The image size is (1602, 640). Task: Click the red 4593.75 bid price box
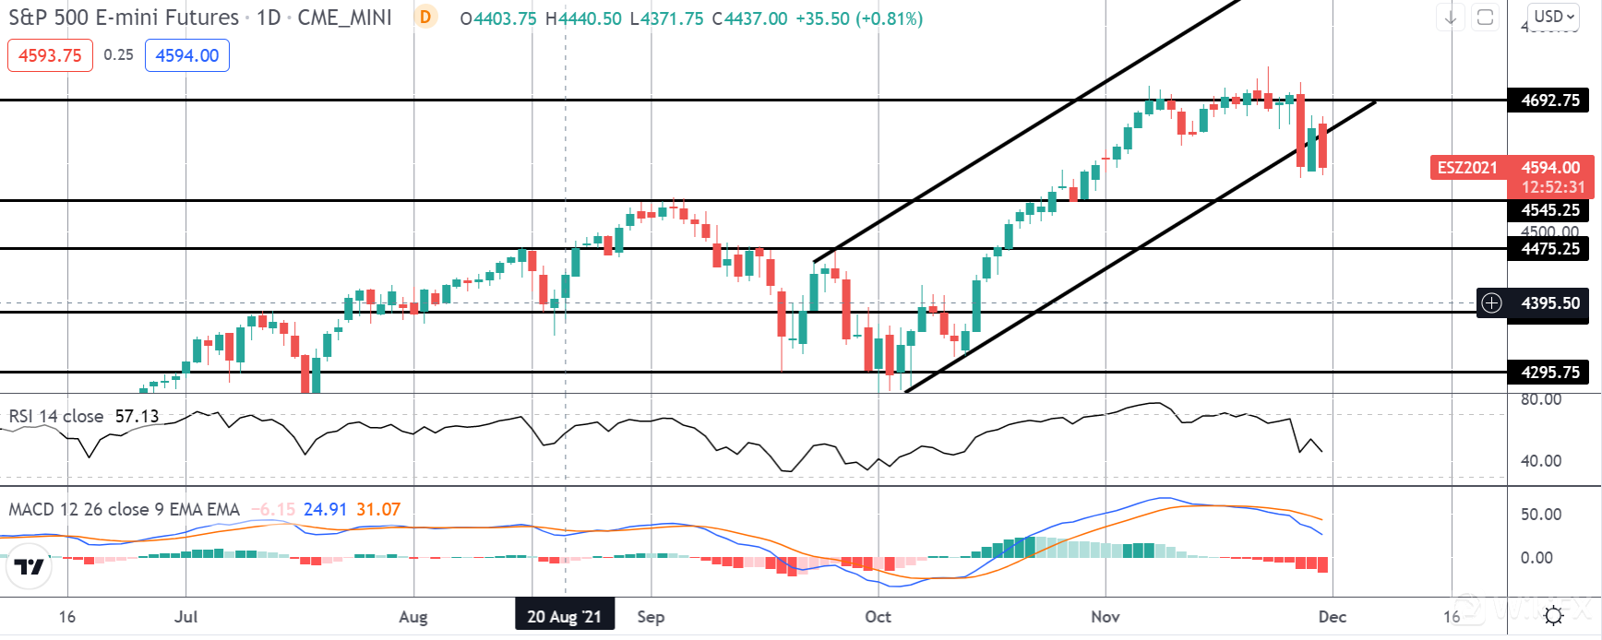point(50,55)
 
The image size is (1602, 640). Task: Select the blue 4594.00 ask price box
point(187,55)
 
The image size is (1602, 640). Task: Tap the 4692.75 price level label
point(1549,101)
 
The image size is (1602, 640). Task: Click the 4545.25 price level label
point(1549,210)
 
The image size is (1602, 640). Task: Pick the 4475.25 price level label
point(1549,249)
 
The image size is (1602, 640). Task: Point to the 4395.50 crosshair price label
point(1549,303)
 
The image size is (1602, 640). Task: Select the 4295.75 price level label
point(1549,373)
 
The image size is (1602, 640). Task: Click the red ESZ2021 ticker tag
point(1467,168)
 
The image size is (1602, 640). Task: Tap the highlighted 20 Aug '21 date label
point(564,617)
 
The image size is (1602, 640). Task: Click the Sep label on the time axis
point(651,617)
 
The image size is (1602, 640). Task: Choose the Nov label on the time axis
point(1105,617)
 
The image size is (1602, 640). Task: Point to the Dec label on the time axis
point(1332,617)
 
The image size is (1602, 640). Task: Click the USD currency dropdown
point(1554,17)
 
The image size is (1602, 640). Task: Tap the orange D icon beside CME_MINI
point(425,18)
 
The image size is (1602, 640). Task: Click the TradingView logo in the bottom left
point(29,566)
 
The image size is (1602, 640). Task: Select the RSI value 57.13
point(137,417)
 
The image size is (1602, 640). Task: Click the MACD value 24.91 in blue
point(325,510)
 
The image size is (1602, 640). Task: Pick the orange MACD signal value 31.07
point(378,510)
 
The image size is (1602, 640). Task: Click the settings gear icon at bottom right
point(1554,616)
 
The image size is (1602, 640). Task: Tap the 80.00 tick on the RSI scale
point(1540,400)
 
